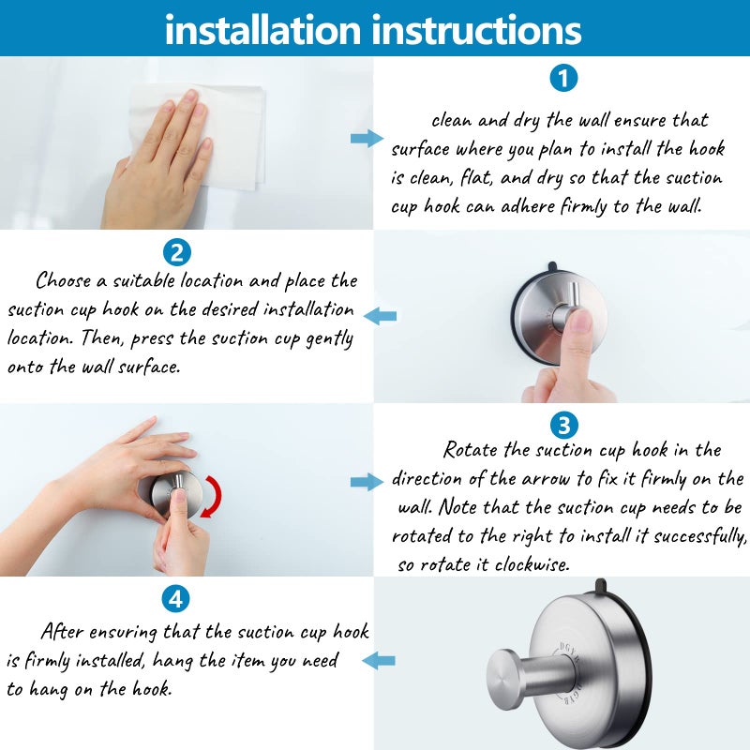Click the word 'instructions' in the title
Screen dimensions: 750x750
point(477,29)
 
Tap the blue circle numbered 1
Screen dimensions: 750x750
point(562,78)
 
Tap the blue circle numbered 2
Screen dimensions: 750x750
point(176,251)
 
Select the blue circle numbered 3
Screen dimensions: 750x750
point(562,425)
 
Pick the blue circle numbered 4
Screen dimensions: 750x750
point(176,598)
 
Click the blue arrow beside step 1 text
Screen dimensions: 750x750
point(366,139)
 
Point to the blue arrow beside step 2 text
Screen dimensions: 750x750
point(380,316)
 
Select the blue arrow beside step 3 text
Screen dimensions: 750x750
point(366,482)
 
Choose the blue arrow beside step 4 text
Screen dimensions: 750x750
point(380,661)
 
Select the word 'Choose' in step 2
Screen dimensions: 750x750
point(64,280)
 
